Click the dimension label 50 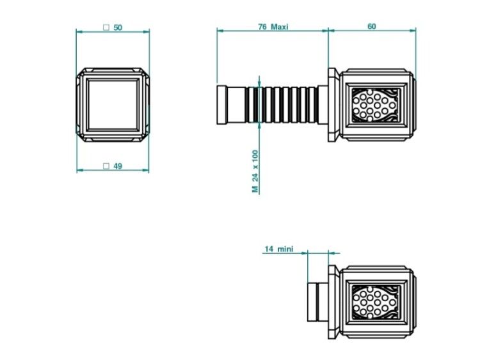(x=118, y=27)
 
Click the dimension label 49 (x=118, y=166)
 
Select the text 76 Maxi (x=273, y=27)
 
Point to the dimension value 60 (x=371, y=27)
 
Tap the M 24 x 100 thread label (x=255, y=171)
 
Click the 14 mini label (x=279, y=249)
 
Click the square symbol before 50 (x=106, y=27)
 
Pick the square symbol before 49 (x=106, y=166)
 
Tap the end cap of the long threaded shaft (x=221, y=105)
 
